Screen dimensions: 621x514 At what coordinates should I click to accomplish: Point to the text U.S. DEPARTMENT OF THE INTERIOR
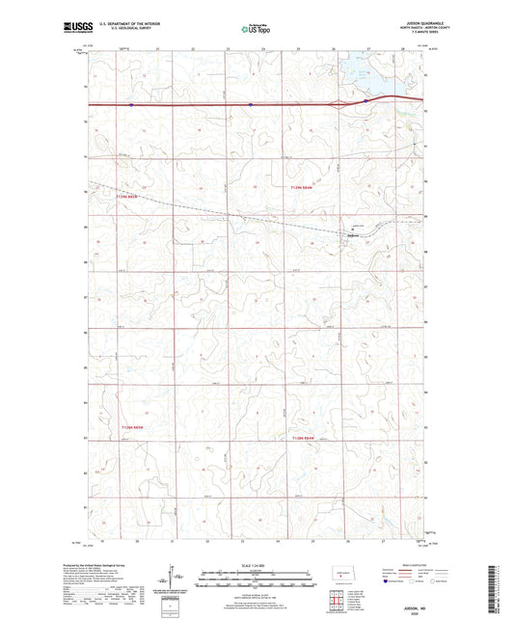coord(126,25)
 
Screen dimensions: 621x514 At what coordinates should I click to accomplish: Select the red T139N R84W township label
coord(303,188)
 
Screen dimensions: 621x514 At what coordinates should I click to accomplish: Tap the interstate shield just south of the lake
coord(366,99)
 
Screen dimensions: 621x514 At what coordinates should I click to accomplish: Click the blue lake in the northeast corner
coord(360,71)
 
